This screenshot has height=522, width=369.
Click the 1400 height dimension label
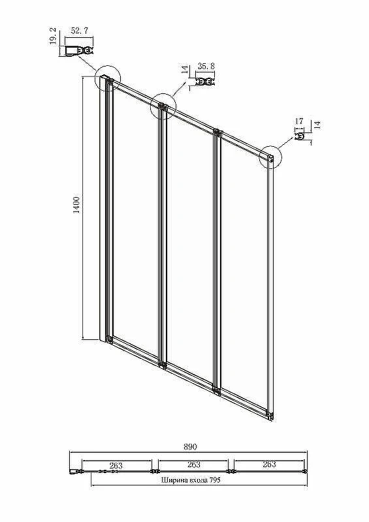point(76,205)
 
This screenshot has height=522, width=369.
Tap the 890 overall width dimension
point(190,447)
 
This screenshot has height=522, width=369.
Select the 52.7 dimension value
point(80,31)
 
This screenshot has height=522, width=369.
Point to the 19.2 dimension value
point(53,36)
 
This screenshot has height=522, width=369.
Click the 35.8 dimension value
point(206,67)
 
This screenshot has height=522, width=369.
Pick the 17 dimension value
point(299,121)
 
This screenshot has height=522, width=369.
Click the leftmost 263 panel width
point(116,465)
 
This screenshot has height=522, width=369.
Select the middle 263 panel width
point(194,464)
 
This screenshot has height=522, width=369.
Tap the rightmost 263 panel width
point(269,464)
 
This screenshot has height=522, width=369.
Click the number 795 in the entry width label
point(215,480)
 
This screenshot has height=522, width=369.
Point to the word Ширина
point(171,480)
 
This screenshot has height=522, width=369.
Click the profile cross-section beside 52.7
point(79,51)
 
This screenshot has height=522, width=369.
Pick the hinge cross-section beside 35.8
point(204,82)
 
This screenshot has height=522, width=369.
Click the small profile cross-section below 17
point(299,136)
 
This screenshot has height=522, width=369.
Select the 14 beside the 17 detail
point(317,125)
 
